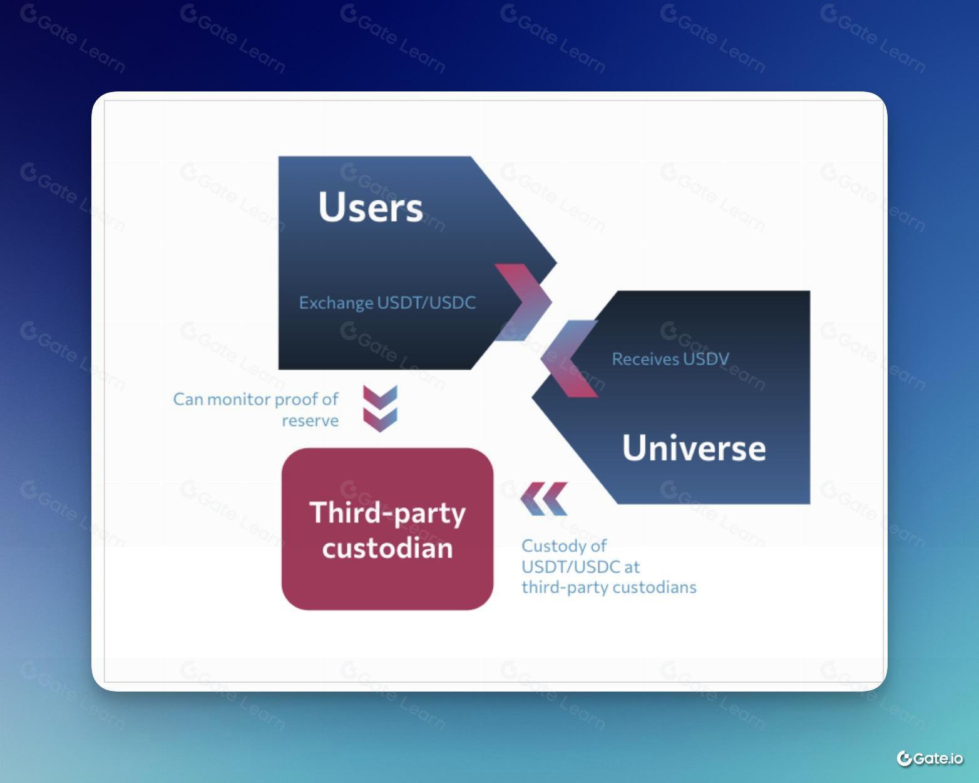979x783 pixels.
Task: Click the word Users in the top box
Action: coord(371,207)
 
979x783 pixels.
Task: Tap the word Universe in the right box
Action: coord(694,448)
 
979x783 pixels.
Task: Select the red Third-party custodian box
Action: coord(387,529)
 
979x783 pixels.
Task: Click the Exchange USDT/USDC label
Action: coord(387,303)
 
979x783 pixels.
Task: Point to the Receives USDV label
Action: coord(670,359)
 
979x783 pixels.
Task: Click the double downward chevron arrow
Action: coord(381,408)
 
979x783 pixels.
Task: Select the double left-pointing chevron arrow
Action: coord(544,499)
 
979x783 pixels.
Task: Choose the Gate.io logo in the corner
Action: coord(930,759)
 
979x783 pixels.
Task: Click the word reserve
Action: coord(310,421)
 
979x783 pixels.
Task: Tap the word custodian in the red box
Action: coord(387,547)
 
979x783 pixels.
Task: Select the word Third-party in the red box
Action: coord(387,513)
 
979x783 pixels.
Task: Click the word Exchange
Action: coord(336,303)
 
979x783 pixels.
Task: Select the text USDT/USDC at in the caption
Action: coord(580,567)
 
